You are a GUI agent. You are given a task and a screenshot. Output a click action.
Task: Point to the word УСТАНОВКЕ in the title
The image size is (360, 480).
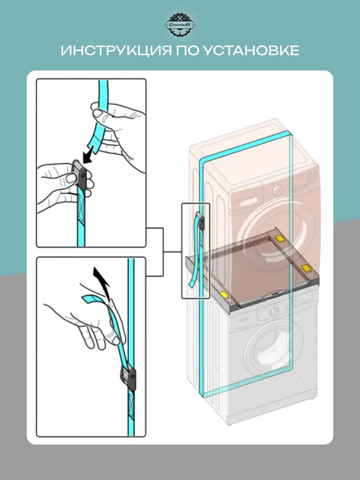pos(251,51)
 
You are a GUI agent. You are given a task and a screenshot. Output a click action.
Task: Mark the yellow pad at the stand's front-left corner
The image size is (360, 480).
pos(224,295)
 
